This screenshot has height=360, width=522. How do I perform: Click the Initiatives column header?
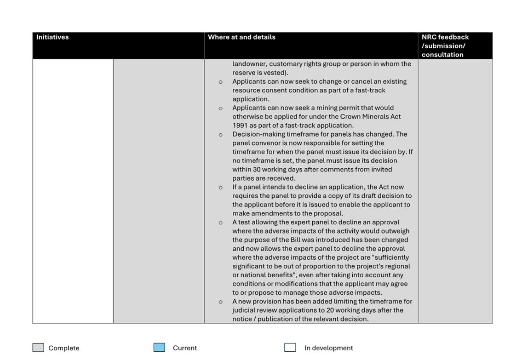coord(52,37)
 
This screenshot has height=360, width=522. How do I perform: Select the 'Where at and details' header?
coord(241,37)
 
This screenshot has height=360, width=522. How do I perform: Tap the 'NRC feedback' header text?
coord(445,37)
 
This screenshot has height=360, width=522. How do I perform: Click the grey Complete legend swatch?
coord(39,348)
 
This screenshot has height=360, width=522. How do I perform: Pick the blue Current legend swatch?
coord(159,348)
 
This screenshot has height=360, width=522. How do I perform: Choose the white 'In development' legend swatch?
coord(290,348)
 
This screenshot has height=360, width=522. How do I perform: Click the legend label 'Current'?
coord(184,348)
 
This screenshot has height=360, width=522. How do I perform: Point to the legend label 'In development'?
coord(328,348)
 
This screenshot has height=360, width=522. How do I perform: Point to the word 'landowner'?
coord(248,64)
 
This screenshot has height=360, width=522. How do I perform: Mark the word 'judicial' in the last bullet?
coord(244,310)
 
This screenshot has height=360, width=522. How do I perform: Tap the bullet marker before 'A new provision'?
coord(221,302)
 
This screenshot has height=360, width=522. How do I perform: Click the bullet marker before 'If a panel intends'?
coord(221,188)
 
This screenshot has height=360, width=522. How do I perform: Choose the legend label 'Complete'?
coord(63,348)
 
